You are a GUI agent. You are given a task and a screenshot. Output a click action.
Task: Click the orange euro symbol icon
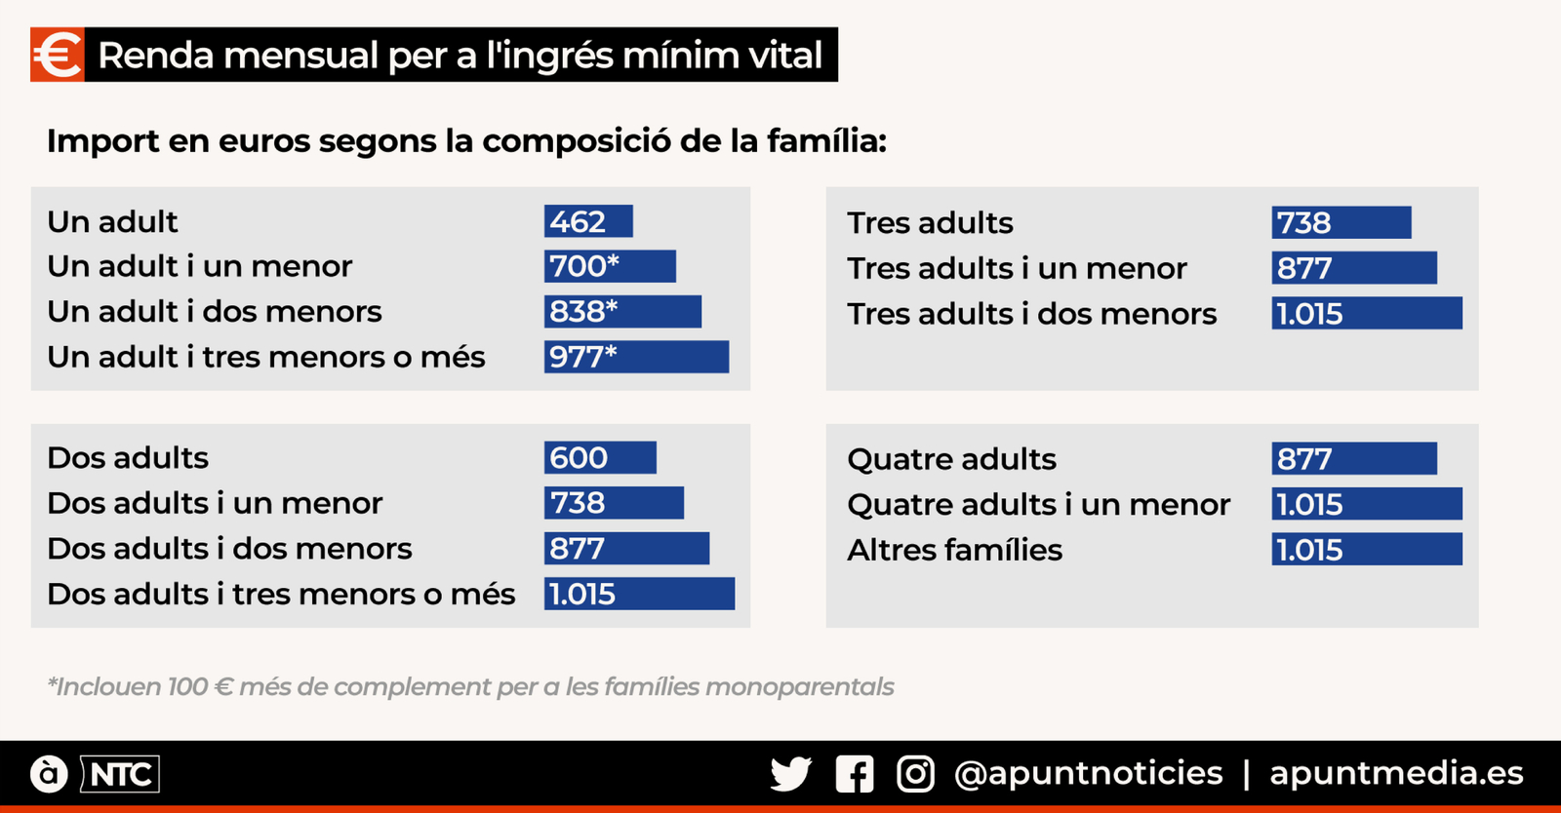pos(58,55)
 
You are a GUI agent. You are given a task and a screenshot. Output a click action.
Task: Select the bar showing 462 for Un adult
pos(588,221)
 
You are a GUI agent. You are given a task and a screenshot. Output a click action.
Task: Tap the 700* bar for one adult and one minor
pos(610,266)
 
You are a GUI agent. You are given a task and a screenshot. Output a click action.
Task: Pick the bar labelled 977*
pos(636,357)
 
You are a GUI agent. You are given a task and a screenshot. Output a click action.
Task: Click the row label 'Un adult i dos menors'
pos(215,312)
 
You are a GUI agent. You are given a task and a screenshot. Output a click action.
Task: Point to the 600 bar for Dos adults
pos(600,457)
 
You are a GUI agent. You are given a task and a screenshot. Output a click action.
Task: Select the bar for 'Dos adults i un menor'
pos(614,503)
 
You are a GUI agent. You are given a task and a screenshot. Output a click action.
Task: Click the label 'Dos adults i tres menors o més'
pos(281,594)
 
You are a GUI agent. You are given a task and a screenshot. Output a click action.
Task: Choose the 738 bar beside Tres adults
pos(1341,222)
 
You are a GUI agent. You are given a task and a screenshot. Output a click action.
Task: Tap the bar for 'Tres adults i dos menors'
pos(1367,314)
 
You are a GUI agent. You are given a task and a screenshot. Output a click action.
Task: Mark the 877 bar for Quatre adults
pos(1354,458)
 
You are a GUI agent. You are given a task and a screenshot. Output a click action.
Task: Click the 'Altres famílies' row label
pos(954,550)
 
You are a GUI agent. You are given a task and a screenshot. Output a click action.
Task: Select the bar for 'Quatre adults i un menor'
pos(1367,504)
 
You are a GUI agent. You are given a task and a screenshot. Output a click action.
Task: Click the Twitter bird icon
pos(790,774)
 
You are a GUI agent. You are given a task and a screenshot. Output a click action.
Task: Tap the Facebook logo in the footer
pos(855,774)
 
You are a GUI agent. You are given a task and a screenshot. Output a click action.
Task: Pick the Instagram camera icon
pos(915,774)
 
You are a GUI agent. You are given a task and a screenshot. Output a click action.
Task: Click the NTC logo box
pos(120,775)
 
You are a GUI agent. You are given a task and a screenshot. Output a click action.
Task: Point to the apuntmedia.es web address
pos(1396,773)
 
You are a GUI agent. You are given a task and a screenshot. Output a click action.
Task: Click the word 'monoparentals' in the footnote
pos(799,687)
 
